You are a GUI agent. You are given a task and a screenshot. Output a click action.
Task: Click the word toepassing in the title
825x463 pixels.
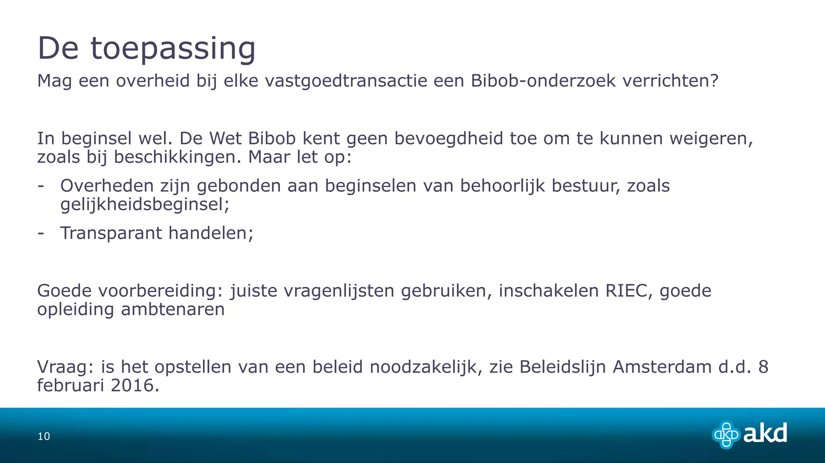173,49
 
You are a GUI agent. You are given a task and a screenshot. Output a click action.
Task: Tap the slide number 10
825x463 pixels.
44,436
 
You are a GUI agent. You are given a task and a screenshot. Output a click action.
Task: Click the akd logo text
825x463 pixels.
765,434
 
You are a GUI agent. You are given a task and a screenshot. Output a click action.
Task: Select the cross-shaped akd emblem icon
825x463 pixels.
726,435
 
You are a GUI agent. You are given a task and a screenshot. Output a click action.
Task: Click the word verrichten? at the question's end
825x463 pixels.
670,81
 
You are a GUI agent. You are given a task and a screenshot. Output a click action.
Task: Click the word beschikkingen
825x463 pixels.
177,157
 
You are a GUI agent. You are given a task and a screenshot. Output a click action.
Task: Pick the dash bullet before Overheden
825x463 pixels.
41,186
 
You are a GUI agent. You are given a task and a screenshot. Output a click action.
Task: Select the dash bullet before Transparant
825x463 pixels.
41,233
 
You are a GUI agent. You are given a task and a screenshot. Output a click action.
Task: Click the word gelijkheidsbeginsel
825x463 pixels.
144,204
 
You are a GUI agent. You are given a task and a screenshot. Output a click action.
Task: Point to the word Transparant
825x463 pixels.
111,233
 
